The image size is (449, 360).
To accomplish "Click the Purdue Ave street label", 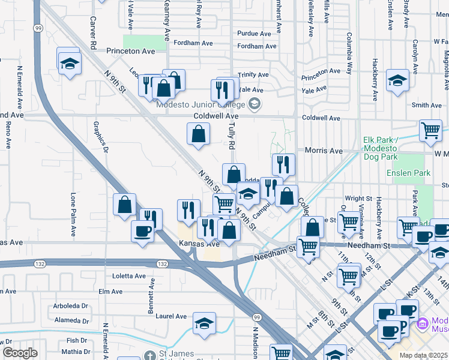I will click(256, 34).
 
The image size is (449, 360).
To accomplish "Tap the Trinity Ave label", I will click(253, 75).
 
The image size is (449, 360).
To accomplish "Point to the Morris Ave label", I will click(324, 151).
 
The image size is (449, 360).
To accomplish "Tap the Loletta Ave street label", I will click(130, 276).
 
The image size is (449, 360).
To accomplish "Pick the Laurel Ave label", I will click(171, 316).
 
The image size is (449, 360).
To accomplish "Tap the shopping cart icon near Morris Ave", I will click(430, 130).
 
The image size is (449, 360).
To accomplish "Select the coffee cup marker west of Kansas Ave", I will click(143, 232).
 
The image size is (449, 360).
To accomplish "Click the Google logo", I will click(20, 353).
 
